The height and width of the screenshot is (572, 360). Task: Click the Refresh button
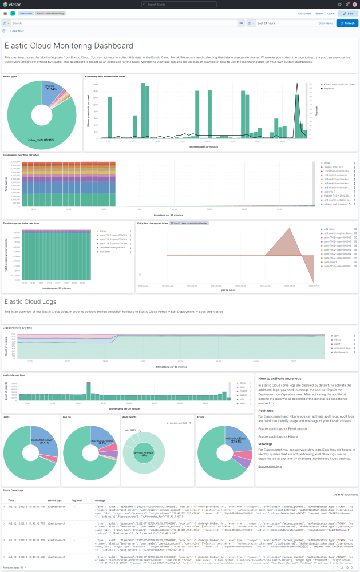(x=347, y=23)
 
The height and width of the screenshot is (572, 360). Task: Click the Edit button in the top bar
(x=347, y=13)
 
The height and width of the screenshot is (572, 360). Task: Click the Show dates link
(x=326, y=23)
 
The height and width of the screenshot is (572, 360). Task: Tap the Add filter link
(x=17, y=31)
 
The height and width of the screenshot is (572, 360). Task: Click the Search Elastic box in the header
(x=180, y=4)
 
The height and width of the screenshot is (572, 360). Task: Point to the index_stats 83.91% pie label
(x=41, y=140)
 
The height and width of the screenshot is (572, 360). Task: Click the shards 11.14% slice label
(x=51, y=88)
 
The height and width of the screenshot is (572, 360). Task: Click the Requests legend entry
(x=329, y=89)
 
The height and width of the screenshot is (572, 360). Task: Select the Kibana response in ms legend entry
(x=338, y=84)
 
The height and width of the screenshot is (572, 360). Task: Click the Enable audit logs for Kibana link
(x=278, y=436)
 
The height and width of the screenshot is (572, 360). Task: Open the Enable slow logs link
(x=270, y=466)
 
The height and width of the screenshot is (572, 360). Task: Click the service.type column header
(x=54, y=499)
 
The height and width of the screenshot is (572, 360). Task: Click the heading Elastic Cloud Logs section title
(x=30, y=301)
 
